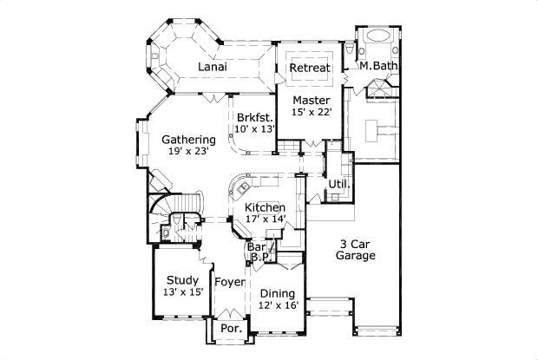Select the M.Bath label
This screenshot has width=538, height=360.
377,67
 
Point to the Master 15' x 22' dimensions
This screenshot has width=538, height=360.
312,112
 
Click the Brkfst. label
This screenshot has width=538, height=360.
255,117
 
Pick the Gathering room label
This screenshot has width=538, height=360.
188,140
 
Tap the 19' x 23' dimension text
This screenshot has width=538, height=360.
187,152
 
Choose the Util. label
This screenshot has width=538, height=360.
338,184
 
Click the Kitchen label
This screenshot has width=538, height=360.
265,208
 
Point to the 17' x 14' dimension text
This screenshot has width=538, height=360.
265,220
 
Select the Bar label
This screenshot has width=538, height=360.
257,247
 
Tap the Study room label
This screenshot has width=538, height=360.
182,280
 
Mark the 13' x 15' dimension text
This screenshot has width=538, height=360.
182,292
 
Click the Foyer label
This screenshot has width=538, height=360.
230,282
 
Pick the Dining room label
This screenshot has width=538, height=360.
278,293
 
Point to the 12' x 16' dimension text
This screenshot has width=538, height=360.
278,305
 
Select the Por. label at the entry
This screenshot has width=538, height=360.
230,330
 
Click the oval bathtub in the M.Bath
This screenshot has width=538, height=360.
379,36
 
